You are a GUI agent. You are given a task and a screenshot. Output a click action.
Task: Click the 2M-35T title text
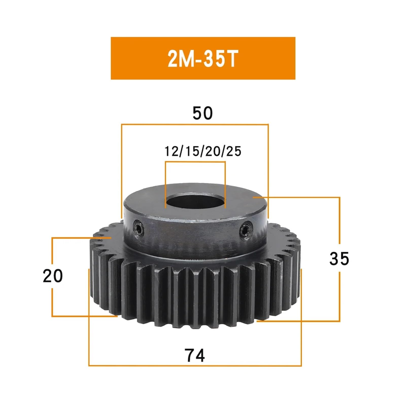pyautogui.click(x=202, y=59)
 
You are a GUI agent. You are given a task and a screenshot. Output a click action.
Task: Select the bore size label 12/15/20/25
pyautogui.click(x=203, y=151)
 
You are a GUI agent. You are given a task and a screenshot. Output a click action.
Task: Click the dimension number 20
pyautogui.click(x=53, y=276)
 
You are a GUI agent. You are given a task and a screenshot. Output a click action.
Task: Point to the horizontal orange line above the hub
pyautogui.click(x=195, y=125)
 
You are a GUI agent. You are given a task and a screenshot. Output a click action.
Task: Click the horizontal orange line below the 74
pyautogui.click(x=195, y=366)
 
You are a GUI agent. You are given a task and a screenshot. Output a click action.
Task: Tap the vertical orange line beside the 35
pyautogui.click(x=339, y=228)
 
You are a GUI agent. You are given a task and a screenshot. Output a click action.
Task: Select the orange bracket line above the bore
pyautogui.click(x=195, y=162)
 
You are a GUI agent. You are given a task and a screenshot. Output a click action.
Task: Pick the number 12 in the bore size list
pyautogui.click(x=171, y=151)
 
